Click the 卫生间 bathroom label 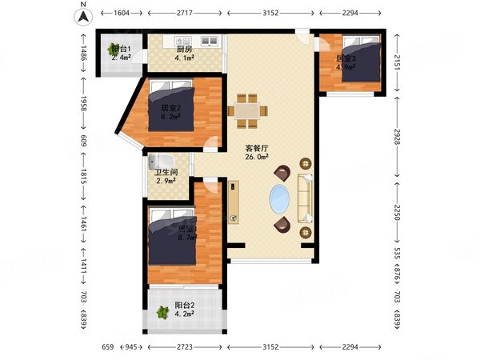click(166, 172)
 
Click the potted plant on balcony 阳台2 click(162, 313)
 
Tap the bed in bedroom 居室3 click(359, 64)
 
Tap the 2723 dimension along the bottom click(185, 346)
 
